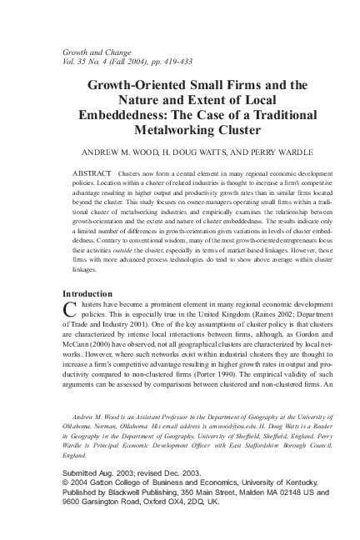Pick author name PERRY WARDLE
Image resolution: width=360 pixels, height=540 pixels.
(272, 154)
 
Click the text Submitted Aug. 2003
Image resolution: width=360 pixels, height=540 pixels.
(97, 472)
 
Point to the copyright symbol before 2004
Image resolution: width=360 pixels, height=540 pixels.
(67, 482)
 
